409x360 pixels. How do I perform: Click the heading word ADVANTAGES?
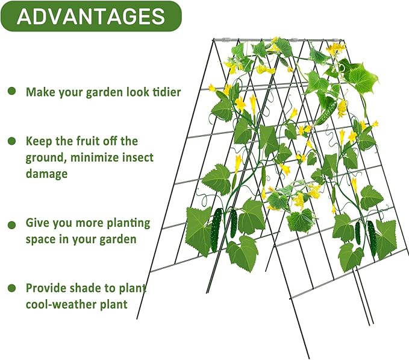tap(90, 16)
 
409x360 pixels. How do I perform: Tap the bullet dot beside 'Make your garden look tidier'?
tap(11, 91)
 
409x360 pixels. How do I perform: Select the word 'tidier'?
tap(163, 92)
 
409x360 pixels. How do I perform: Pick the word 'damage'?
tap(46, 173)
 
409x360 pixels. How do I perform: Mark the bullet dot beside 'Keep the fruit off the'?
tap(11, 141)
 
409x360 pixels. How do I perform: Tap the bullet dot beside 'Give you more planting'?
tap(11, 224)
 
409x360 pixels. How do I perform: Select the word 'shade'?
tap(92, 288)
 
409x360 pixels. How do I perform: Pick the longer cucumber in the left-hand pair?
tap(217, 230)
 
